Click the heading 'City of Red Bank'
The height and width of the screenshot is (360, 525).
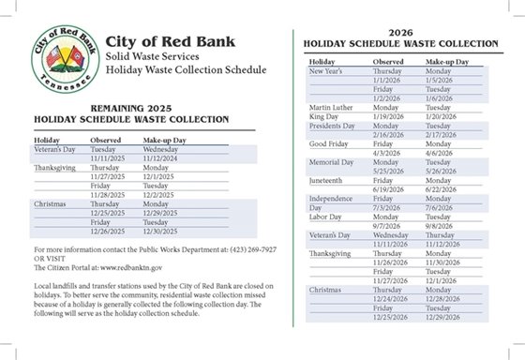[178, 43]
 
